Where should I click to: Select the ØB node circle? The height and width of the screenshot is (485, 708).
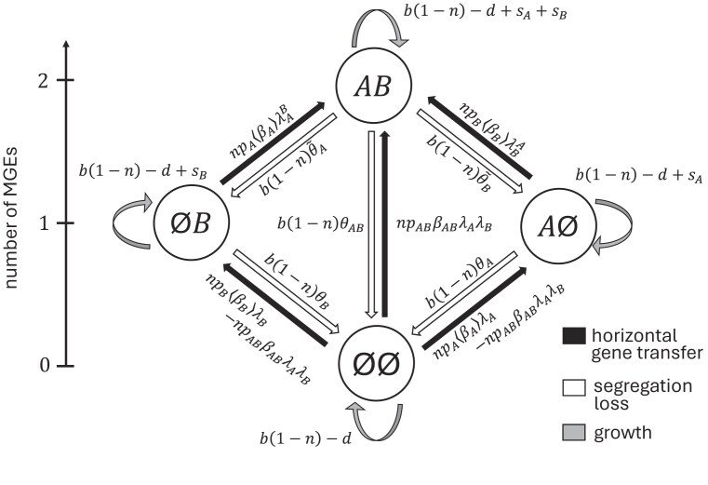188,222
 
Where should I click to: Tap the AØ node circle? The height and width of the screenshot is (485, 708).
556,222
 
